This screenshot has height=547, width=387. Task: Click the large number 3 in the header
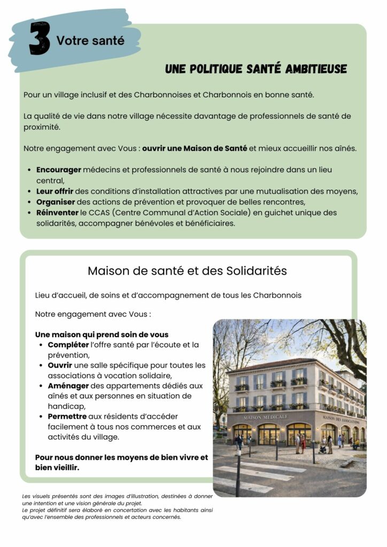tap(40, 38)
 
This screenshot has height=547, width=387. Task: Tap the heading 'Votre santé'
tap(90, 40)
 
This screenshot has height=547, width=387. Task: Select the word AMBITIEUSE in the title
tap(316, 69)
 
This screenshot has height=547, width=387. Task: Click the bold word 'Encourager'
tap(59, 169)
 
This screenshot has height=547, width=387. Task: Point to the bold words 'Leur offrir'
tap(55, 191)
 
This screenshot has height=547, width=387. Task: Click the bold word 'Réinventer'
tap(58, 213)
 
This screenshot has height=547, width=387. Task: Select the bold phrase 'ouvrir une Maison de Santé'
tap(195, 148)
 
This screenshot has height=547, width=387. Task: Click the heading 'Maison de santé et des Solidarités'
tap(187, 271)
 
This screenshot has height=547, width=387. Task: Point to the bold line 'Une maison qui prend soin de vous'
tap(102, 334)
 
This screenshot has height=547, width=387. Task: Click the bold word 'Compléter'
tap(68, 345)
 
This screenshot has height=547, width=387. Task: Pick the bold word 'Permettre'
tap(68, 416)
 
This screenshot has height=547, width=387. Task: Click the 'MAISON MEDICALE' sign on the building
tap(266, 417)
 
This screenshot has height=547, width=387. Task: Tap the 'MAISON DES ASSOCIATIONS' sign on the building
tap(341, 419)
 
